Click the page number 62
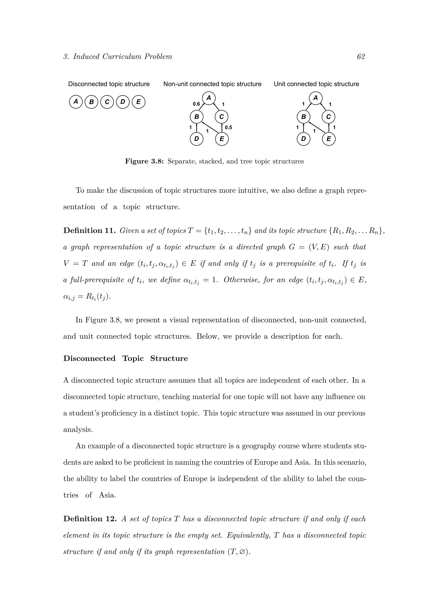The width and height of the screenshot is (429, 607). tap(361, 57)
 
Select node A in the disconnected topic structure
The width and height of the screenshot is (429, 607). tap(76, 102)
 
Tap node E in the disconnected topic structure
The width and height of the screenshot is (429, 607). tap(138, 102)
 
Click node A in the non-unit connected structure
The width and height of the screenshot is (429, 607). tap(209, 98)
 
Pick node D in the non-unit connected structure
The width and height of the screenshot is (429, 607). tap(196, 139)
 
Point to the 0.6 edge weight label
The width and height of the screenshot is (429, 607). tap(196, 104)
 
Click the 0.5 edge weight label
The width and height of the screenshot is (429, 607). tap(228, 128)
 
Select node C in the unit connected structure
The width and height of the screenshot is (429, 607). tap(328, 117)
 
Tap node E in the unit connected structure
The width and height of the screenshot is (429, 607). tap(329, 139)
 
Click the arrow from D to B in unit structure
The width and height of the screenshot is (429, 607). tap(304, 127)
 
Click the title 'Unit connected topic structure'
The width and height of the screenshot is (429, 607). tap(316, 84)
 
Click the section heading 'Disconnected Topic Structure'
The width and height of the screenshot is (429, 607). tap(125, 358)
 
